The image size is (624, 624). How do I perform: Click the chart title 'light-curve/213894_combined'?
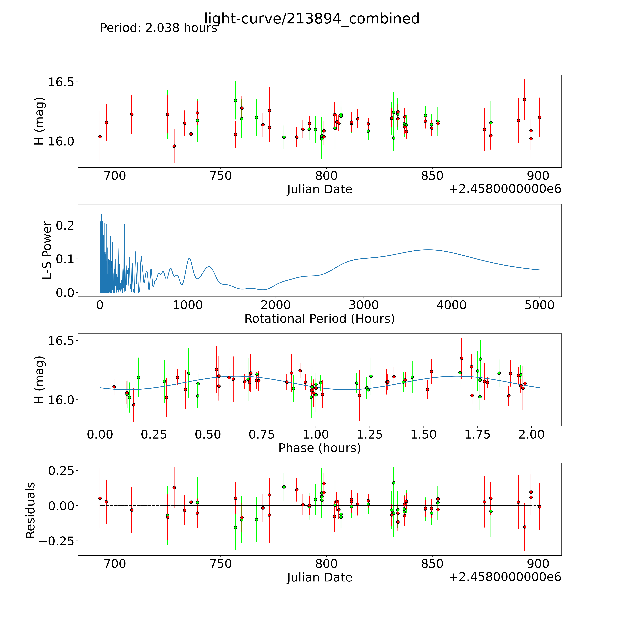pyautogui.click(x=312, y=19)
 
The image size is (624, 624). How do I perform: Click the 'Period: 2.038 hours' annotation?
pyautogui.click(x=158, y=28)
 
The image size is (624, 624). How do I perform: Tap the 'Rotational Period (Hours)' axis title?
pyautogui.click(x=319, y=319)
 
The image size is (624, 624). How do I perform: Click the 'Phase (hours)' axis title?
pyautogui.click(x=319, y=448)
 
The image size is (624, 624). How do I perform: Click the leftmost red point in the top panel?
pyautogui.click(x=100, y=137)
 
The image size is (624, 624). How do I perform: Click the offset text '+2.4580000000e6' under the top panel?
pyautogui.click(x=505, y=189)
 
